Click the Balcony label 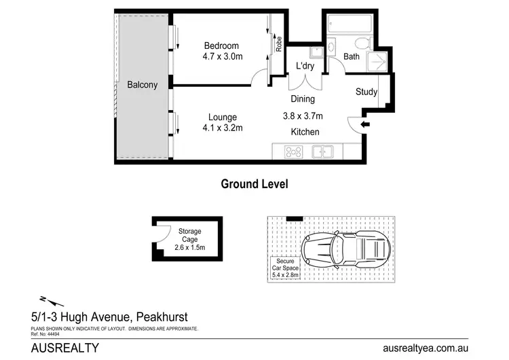(x=143, y=85)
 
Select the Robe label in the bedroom (x=278, y=44)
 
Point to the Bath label (x=352, y=57)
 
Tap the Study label (x=366, y=92)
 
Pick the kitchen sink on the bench (x=322, y=152)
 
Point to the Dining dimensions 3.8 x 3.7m (x=302, y=115)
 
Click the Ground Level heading (x=254, y=183)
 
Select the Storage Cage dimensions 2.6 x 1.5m (x=190, y=248)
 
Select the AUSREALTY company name (x=66, y=348)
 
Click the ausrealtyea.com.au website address (x=425, y=348)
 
